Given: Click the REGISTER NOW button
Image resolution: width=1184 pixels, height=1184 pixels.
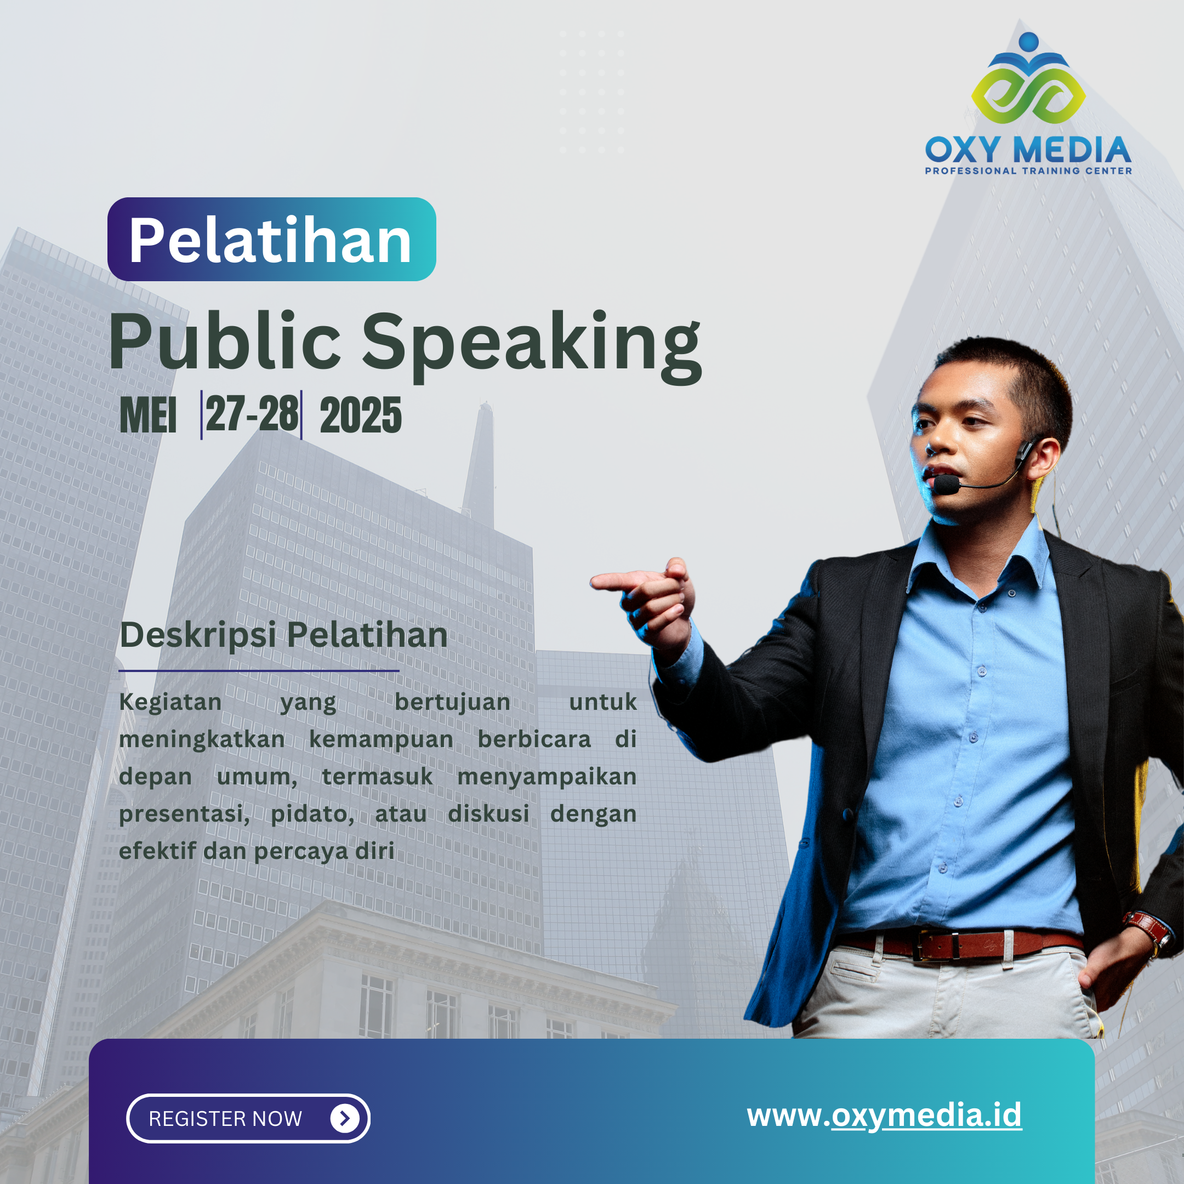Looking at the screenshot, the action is point(248,1118).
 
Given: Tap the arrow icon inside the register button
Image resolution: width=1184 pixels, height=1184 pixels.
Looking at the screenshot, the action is point(345,1118).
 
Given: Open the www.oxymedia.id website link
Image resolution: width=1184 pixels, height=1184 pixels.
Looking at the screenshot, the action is point(884,1116).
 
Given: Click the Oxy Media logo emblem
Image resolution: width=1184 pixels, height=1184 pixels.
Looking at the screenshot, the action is point(1028,78).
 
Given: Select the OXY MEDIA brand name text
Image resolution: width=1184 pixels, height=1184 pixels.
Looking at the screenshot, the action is point(1028,150).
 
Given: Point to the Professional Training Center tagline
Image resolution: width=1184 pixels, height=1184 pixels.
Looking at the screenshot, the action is point(1028,171).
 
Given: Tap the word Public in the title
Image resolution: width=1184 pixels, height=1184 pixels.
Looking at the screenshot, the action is point(224,341).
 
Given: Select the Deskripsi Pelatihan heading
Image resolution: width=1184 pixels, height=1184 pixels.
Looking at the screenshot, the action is point(284,635).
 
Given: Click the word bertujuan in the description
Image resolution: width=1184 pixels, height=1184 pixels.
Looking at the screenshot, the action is point(452,702).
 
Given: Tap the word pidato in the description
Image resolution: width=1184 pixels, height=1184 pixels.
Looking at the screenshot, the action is point(312,815).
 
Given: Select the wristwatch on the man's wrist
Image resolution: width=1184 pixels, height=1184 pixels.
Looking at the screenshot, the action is point(1147,929).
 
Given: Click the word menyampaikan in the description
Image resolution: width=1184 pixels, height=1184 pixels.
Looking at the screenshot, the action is point(547,777).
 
